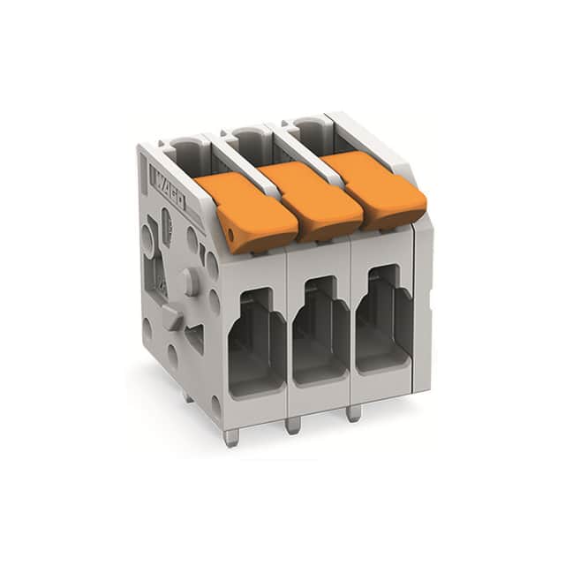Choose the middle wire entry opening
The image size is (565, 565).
click(318, 330)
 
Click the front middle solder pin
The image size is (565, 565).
click(293, 425)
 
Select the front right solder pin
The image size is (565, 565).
click(353, 412)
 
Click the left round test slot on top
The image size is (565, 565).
click(185, 150)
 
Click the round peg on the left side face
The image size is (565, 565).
click(189, 282)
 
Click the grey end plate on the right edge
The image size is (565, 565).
click(423, 300)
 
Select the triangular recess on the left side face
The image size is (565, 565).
click(194, 335)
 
